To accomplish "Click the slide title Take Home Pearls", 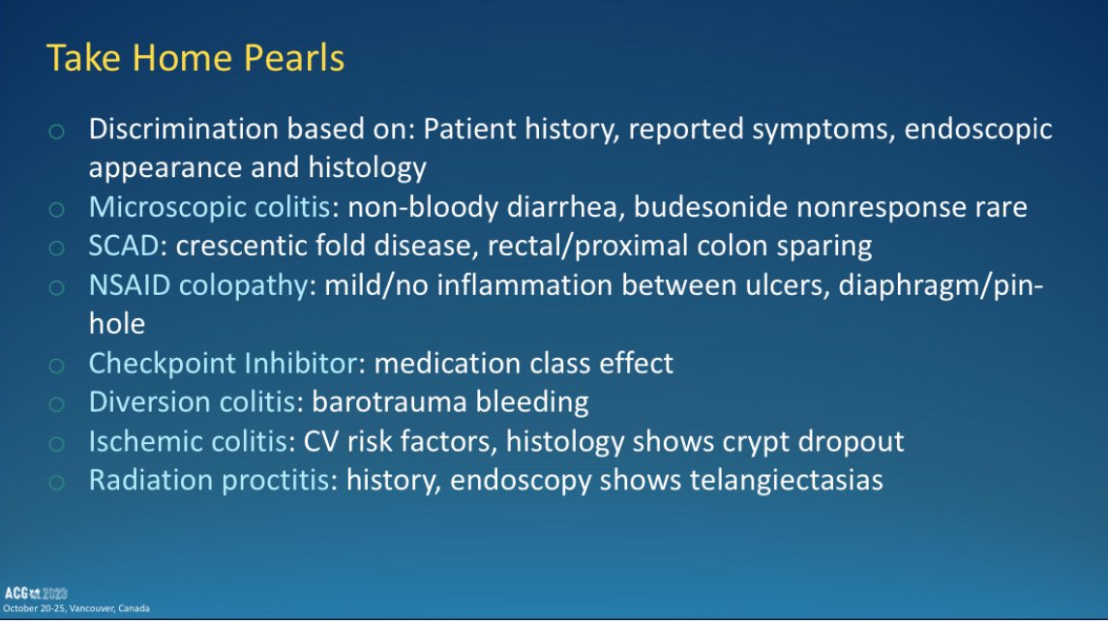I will [195, 59].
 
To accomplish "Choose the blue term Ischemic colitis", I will [189, 441].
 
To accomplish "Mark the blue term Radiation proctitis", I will [208, 480].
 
